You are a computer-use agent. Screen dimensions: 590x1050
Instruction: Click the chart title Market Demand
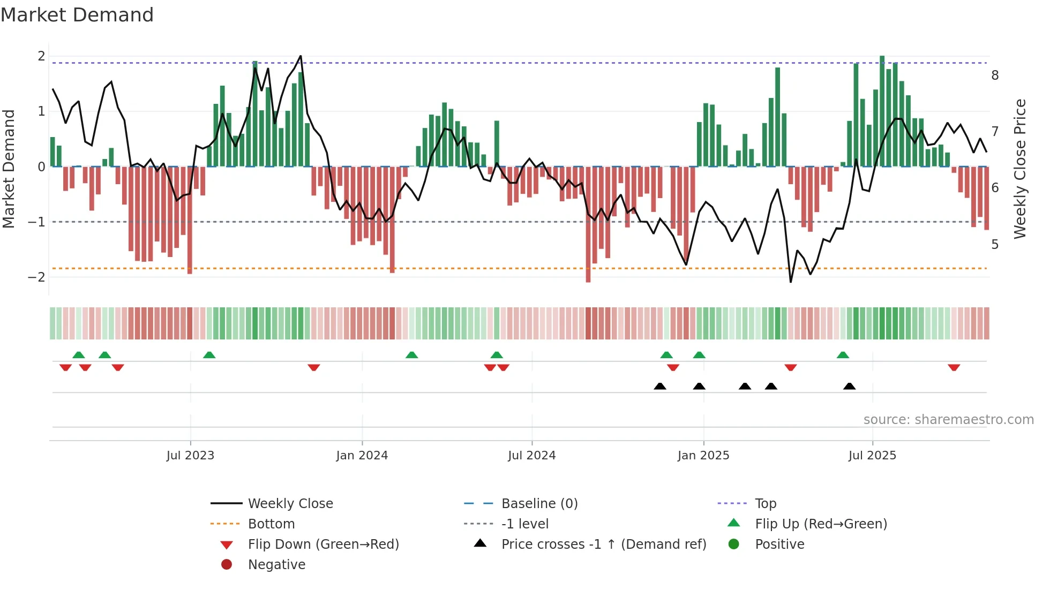click(77, 15)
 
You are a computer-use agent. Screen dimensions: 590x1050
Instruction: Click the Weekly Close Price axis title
click(1020, 169)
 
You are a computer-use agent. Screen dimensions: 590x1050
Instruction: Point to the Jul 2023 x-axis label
click(190, 456)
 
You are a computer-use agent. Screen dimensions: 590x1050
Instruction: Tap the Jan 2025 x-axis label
click(703, 456)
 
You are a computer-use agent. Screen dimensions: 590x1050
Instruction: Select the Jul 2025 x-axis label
click(872, 456)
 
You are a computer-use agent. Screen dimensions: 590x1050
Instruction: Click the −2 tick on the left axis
click(36, 277)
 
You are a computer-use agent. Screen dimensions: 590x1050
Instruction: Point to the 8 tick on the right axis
click(995, 75)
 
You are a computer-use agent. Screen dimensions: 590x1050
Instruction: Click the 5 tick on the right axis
click(995, 245)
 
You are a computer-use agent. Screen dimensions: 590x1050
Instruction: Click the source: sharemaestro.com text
click(948, 420)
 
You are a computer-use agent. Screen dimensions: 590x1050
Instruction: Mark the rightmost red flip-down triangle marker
click(954, 367)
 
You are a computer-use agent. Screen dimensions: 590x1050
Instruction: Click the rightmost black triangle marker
click(849, 386)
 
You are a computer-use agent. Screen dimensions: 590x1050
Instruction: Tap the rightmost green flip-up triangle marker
click(843, 355)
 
